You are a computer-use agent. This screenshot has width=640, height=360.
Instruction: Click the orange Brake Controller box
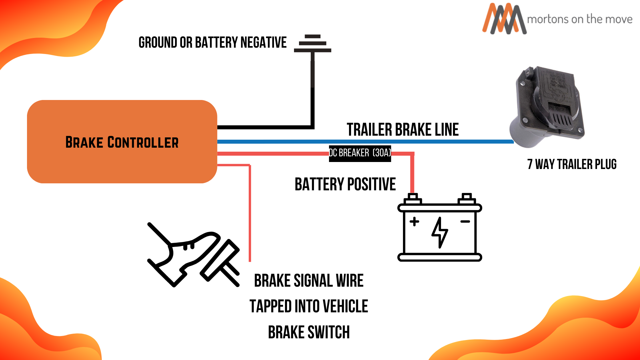[122, 157]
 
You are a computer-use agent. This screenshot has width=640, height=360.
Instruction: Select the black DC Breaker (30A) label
[360, 153]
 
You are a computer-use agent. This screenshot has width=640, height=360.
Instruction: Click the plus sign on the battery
[414, 222]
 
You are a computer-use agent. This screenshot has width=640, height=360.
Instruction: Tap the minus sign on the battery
[465, 221]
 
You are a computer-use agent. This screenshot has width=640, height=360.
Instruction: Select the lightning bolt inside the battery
[440, 232]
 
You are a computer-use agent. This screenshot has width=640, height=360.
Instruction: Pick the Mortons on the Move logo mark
[504, 19]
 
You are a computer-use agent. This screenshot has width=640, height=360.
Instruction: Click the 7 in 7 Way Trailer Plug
[530, 164]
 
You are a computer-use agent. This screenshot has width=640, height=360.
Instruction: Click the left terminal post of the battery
[413, 198]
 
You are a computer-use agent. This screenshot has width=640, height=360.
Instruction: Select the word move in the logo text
[620, 19]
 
